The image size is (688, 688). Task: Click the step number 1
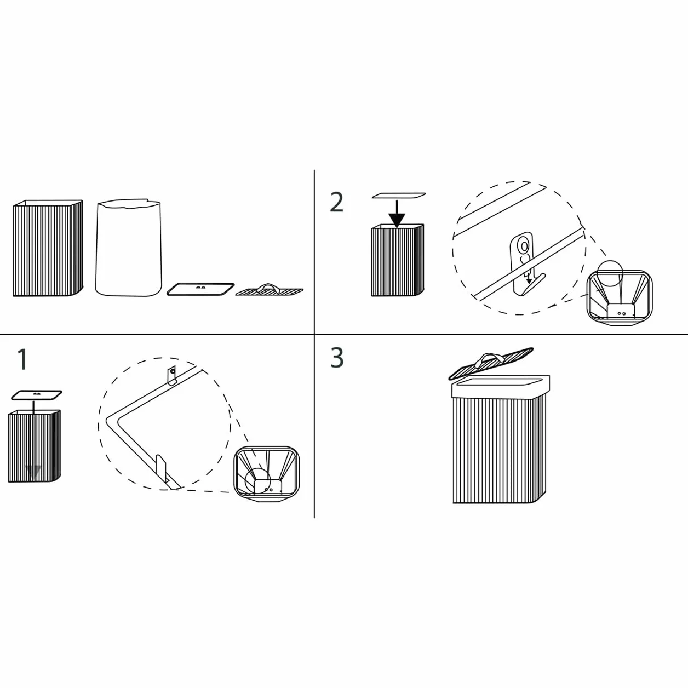(22, 359)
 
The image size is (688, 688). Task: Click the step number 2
(337, 203)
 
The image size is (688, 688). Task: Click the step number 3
(337, 358)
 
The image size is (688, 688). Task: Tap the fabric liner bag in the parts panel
(129, 249)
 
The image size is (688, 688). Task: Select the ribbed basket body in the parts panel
(48, 248)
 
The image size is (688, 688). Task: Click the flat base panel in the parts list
(200, 289)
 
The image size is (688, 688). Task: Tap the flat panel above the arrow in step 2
(399, 196)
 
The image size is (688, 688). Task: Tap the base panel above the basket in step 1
(36, 395)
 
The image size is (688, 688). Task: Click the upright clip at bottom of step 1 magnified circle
(162, 469)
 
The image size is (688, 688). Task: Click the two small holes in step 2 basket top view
(622, 313)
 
